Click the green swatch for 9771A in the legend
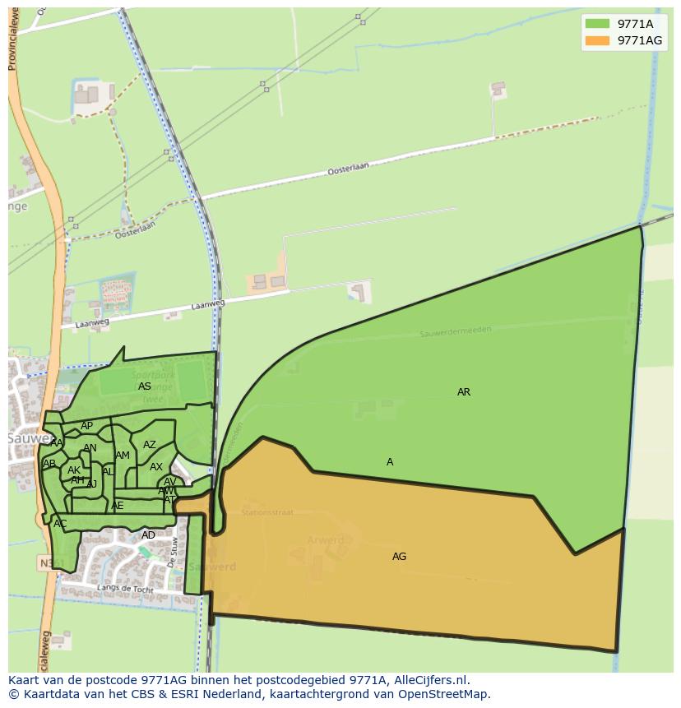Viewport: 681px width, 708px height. [597, 24]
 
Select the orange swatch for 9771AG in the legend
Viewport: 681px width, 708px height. [597, 40]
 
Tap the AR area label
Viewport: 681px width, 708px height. [464, 392]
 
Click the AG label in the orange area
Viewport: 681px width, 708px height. [399, 557]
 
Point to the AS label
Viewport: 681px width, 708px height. [145, 386]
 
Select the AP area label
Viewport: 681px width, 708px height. [86, 426]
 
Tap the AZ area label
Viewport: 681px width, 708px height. [149, 445]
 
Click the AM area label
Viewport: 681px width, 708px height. [123, 456]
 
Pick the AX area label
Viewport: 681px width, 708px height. [155, 467]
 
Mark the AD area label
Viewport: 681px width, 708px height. [148, 535]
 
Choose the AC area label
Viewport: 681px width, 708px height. [60, 524]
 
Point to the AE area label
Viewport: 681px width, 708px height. [118, 506]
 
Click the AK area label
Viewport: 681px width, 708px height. [74, 470]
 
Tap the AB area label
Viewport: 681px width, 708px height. [49, 464]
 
